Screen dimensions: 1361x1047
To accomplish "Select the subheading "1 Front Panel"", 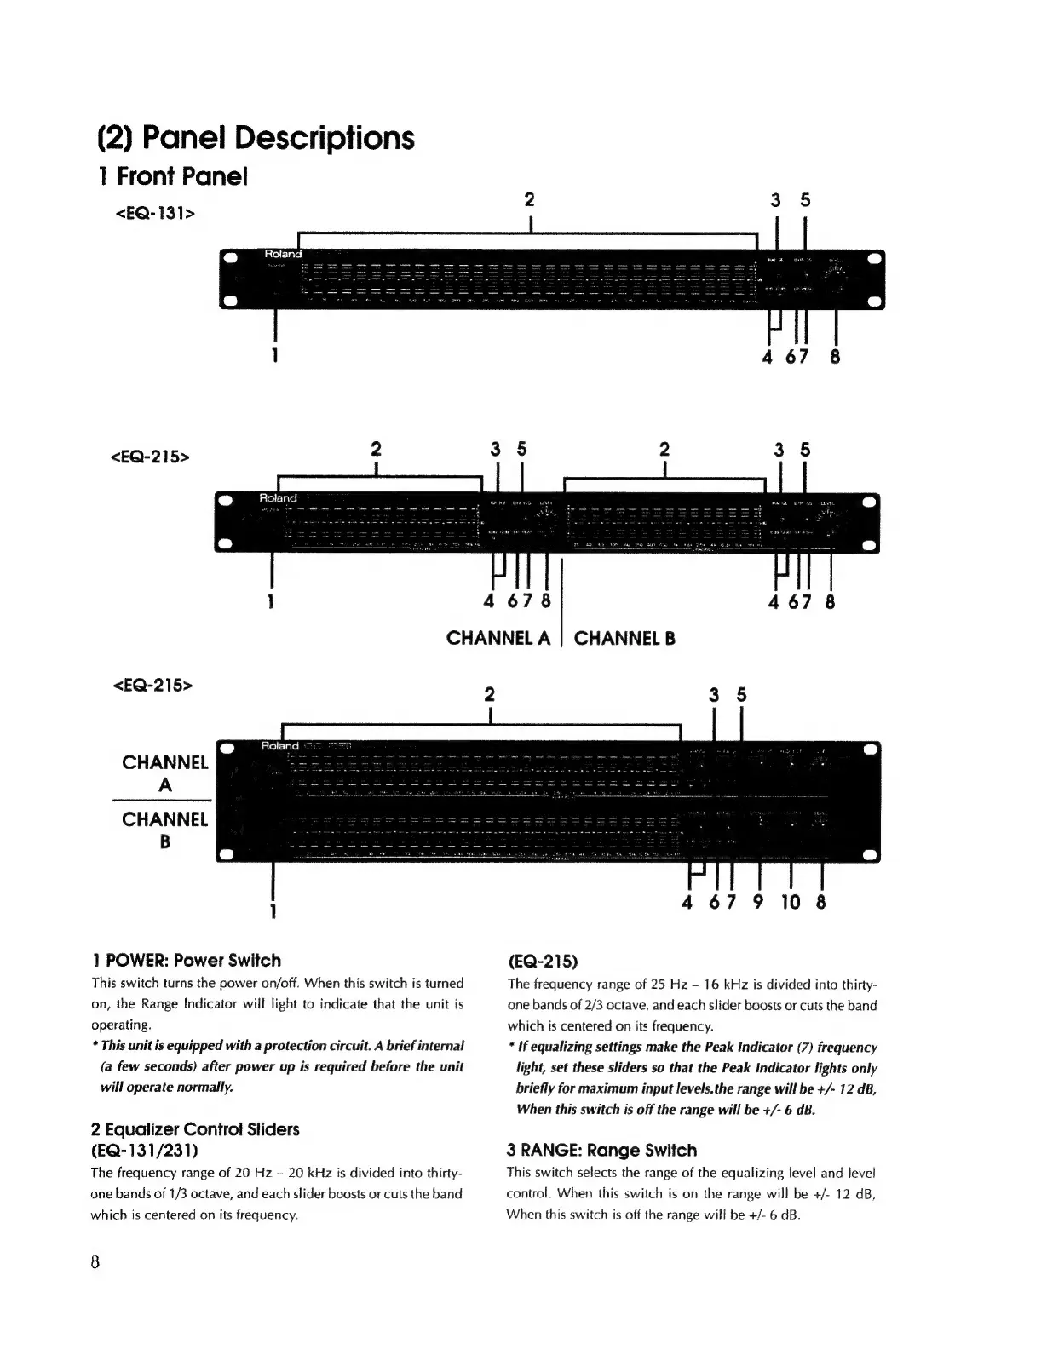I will pyautogui.click(x=172, y=176).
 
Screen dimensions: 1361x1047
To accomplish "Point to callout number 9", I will pyautogui.click(x=758, y=901).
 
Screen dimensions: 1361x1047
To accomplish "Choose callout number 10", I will pyautogui.click(x=791, y=901).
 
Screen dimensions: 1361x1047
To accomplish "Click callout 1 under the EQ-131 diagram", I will pyautogui.click(x=274, y=355).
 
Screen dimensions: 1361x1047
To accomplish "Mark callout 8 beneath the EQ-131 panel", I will pyautogui.click(x=835, y=356).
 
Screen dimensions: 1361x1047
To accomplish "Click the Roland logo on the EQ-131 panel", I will pyautogui.click(x=283, y=254).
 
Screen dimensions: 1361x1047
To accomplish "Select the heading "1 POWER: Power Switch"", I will pyautogui.click(x=186, y=961).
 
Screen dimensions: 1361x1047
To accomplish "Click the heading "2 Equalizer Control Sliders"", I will pyautogui.click(x=195, y=1129).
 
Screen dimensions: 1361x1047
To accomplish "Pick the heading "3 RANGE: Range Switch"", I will pyautogui.click(x=601, y=1150).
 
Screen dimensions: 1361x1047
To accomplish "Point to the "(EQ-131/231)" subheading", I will pyautogui.click(x=145, y=1151).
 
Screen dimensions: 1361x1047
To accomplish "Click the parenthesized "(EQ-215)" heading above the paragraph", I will pyautogui.click(x=543, y=962).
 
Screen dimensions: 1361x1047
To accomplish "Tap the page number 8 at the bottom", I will pyautogui.click(x=95, y=1261).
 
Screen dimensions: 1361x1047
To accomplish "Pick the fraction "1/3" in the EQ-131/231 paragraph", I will pyautogui.click(x=160, y=1194).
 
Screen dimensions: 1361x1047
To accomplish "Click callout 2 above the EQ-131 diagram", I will pyautogui.click(x=529, y=199).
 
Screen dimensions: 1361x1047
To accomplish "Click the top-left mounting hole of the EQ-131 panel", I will pyautogui.click(x=228, y=256).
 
